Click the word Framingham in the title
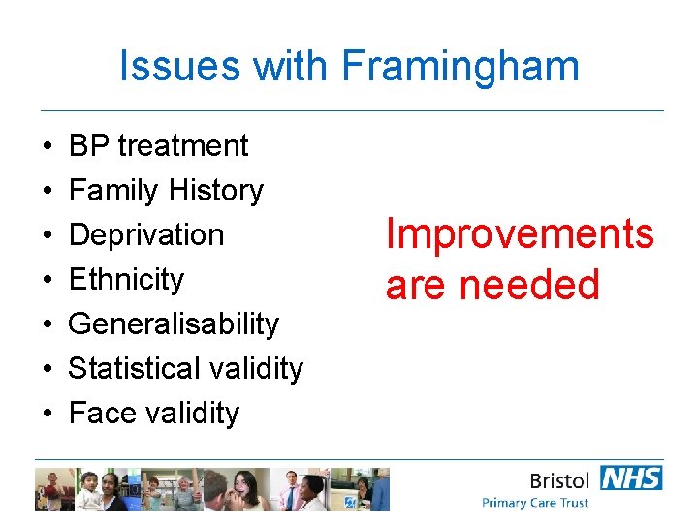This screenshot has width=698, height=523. [x=460, y=67]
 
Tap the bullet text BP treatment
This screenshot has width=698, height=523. [x=159, y=146]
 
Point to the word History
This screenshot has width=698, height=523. [x=213, y=191]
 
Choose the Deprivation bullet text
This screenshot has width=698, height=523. [x=146, y=235]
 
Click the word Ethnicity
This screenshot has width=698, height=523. [x=126, y=280]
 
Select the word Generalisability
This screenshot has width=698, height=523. [x=174, y=324]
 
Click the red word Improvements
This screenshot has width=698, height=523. [x=520, y=234]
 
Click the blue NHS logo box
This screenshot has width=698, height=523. [x=631, y=477]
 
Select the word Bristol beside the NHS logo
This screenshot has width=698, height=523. [x=560, y=479]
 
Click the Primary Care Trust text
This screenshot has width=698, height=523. [x=535, y=503]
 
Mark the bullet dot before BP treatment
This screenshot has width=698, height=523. [x=48, y=147]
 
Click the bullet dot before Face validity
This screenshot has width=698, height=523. [x=48, y=415]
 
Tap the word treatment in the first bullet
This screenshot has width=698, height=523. [x=183, y=146]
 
